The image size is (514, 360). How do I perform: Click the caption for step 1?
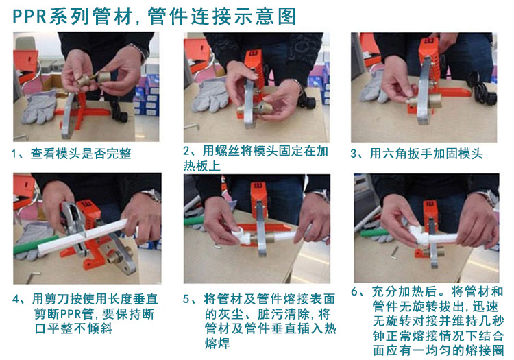coord(71,154)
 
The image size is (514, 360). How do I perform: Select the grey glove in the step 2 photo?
coord(210,95)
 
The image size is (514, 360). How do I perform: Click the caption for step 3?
coord(417,154)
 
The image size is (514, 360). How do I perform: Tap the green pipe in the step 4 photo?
coord(34,245)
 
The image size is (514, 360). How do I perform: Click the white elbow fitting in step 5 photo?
coord(241,235)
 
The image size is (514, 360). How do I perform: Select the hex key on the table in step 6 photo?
coord(395,252)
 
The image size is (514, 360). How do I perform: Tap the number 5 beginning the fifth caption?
coord(186,299)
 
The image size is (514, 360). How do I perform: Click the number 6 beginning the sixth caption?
coord(355,291)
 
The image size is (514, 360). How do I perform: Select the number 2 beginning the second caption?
coord(186,151)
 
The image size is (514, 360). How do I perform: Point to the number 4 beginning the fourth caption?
coord(16,299)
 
